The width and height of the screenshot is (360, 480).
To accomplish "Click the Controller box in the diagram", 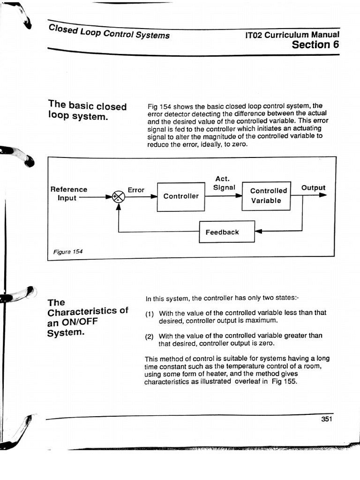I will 181,196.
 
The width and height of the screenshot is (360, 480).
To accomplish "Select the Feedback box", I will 227,232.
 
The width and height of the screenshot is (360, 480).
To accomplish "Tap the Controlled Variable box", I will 266,195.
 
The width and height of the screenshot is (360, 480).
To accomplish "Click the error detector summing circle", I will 119,197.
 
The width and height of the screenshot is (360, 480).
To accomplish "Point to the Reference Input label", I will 68,193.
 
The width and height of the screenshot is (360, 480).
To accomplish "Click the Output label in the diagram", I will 313,188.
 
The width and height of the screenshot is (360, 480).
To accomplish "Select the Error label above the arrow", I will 136,190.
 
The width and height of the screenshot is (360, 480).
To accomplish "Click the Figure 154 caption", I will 67,252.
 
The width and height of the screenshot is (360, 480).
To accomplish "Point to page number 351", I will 327,419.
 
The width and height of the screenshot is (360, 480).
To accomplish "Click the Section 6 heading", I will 315,45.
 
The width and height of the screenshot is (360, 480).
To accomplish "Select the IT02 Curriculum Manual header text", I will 292,35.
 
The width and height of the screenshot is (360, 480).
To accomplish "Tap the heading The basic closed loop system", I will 87,111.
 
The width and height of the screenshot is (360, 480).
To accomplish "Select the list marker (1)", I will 150,313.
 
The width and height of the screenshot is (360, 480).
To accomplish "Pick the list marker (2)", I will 150,336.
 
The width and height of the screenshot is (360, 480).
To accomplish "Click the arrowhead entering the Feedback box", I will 258,231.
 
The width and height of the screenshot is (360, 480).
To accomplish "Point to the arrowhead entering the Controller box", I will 154,197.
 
